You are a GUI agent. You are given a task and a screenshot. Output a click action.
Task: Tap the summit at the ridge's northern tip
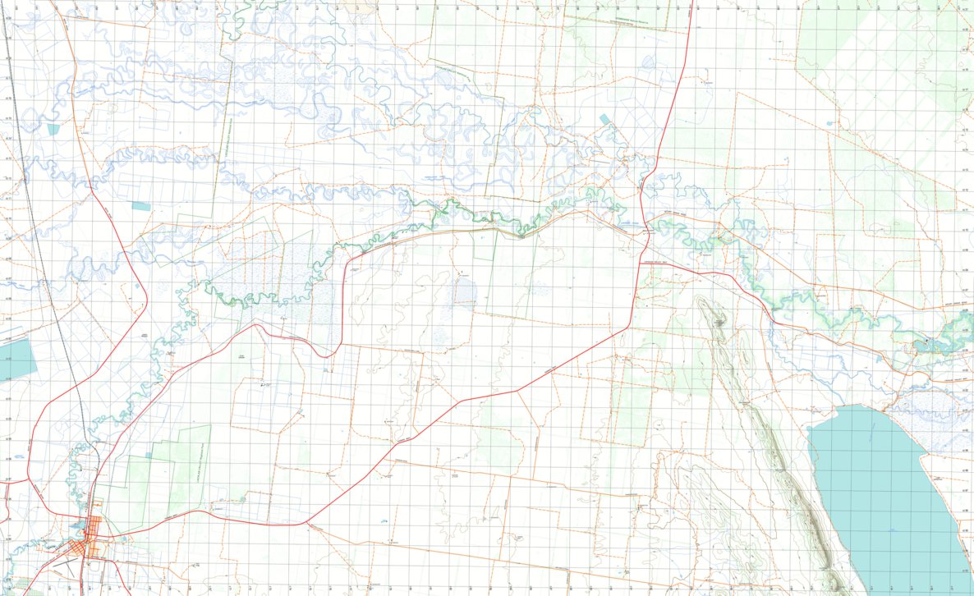[x=708, y=304]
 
